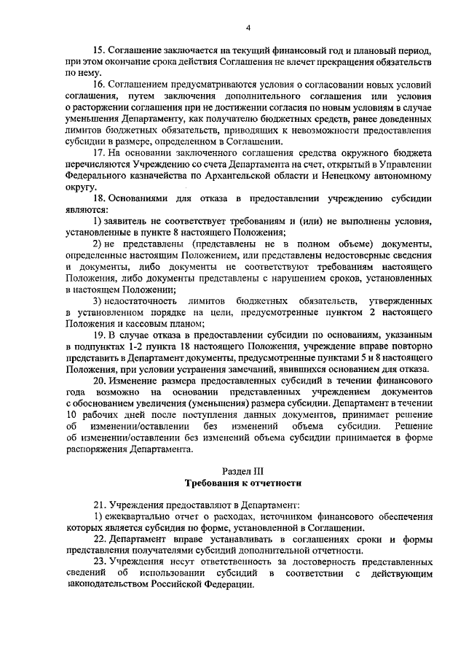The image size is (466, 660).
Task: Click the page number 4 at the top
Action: (x=248, y=28)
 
